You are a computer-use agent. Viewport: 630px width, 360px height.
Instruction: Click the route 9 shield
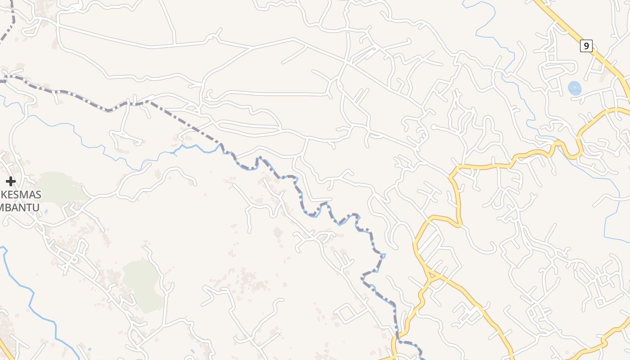coord(586,46)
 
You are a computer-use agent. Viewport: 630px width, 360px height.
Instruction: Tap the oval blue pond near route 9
coord(575,88)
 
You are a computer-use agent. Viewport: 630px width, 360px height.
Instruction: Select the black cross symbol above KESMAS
coord(11,181)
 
